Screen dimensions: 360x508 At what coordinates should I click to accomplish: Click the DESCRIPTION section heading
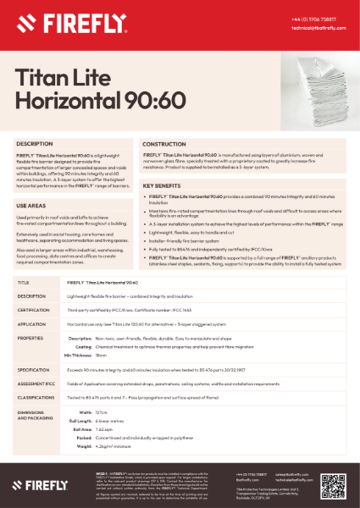coord(35,145)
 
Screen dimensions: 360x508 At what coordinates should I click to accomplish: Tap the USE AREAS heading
coord(31,206)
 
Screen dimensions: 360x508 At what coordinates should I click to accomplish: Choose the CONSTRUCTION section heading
coord(170,145)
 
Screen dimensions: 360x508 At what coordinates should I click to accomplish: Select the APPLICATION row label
coord(32,323)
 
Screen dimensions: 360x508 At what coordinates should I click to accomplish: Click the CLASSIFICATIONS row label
coord(36,397)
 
